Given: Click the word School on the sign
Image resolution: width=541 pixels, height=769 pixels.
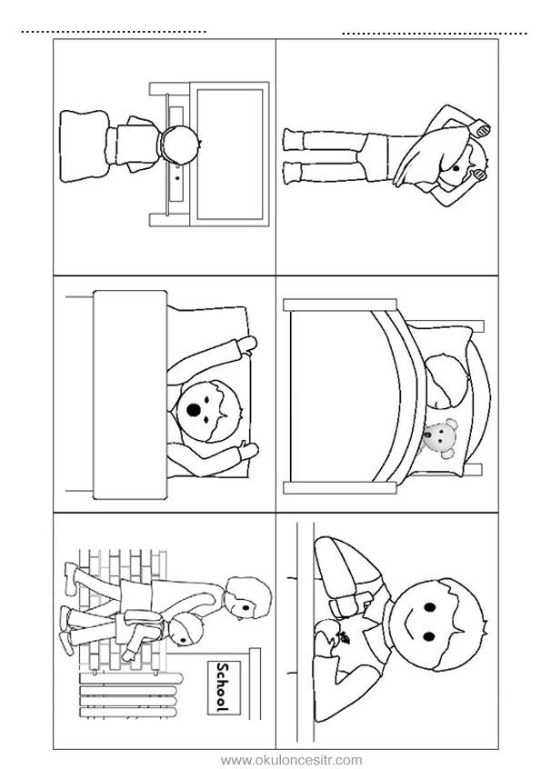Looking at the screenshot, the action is click(223, 687).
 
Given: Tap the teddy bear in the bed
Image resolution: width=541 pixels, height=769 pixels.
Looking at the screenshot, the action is click(440, 437).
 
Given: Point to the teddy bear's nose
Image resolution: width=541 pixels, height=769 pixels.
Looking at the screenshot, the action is click(427, 434).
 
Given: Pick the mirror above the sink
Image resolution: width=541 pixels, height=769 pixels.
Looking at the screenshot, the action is click(229, 154).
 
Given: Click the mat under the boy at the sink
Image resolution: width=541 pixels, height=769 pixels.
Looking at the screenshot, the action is click(84, 145).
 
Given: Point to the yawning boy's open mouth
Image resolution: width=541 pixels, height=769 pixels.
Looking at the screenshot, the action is click(456, 168).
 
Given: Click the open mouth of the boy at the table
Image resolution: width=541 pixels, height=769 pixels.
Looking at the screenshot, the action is click(195, 409).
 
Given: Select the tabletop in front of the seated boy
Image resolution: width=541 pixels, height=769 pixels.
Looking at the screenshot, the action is click(129, 394).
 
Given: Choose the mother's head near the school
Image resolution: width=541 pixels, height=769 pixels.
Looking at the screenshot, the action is click(247, 597).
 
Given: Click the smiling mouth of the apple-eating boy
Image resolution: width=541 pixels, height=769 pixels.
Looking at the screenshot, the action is click(408, 622).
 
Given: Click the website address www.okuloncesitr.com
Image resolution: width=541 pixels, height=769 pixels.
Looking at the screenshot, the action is click(291, 760).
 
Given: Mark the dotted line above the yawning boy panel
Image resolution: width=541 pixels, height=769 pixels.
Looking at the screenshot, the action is click(435, 34).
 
